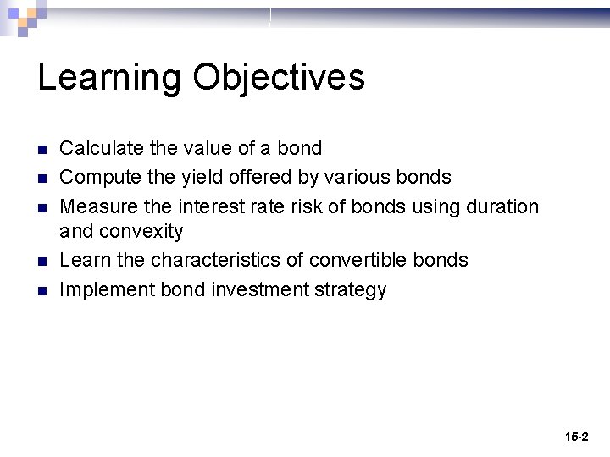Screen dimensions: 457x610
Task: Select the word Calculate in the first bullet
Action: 101,149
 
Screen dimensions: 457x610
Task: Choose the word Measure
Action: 96,206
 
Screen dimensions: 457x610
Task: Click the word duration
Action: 503,206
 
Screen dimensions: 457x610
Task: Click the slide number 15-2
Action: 576,438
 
